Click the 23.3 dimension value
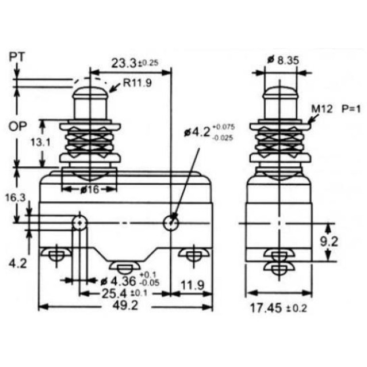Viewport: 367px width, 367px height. [x=123, y=63]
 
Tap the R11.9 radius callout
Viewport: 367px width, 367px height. [x=137, y=83]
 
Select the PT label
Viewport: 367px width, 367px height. [x=17, y=57]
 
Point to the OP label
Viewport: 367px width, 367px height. [x=18, y=127]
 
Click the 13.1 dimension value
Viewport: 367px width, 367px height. [x=41, y=142]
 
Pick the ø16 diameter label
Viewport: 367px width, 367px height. [x=90, y=190]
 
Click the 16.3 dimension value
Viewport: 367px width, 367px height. [x=15, y=198]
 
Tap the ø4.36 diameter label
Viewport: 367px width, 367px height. [x=118, y=281]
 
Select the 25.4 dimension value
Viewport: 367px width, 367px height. [x=114, y=293]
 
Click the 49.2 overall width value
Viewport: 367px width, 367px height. [x=125, y=305]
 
